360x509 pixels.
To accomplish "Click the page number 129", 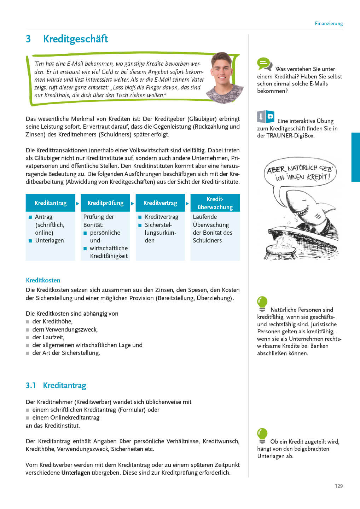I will (338, 486).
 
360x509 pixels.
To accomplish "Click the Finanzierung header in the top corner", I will (329, 24).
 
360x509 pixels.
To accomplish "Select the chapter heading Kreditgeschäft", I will (75, 39).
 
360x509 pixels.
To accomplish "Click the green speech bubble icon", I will (264, 64).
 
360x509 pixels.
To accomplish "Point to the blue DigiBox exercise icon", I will (266, 117).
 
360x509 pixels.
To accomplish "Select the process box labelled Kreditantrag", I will (51, 203).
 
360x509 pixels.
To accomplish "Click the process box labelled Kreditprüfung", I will (105, 203).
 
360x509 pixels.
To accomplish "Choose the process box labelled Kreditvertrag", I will (160, 203).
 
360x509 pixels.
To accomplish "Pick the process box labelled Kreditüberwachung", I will (215, 203).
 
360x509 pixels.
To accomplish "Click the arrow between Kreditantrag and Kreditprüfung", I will (78, 203).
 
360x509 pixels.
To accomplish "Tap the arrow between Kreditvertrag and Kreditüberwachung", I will (187, 203).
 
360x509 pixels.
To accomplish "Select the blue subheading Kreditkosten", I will (43, 280).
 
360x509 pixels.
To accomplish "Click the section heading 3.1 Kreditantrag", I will (56, 385).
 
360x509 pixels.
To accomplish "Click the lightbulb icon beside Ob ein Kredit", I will (262, 435).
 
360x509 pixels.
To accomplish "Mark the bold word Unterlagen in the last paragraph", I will (76, 473).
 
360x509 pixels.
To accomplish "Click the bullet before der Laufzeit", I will (28, 338).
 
